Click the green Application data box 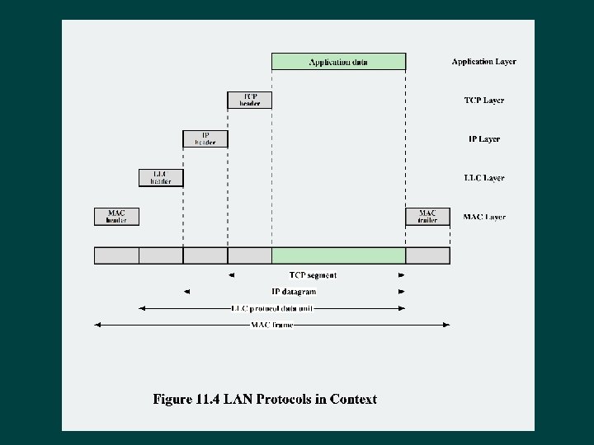338,62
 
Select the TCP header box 249,100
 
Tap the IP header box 205,138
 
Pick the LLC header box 161,177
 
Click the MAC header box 116,216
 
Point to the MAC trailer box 427,216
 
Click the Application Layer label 483,62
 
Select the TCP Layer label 483,101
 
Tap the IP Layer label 483,139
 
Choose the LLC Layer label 483,178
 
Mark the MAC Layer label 483,217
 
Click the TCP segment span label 313,275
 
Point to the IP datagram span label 294,292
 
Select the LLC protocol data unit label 271,308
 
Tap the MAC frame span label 271,325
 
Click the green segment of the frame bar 338,255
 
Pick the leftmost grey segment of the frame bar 116,255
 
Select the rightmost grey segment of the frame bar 427,255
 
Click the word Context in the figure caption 353,400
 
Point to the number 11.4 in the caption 211,400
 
